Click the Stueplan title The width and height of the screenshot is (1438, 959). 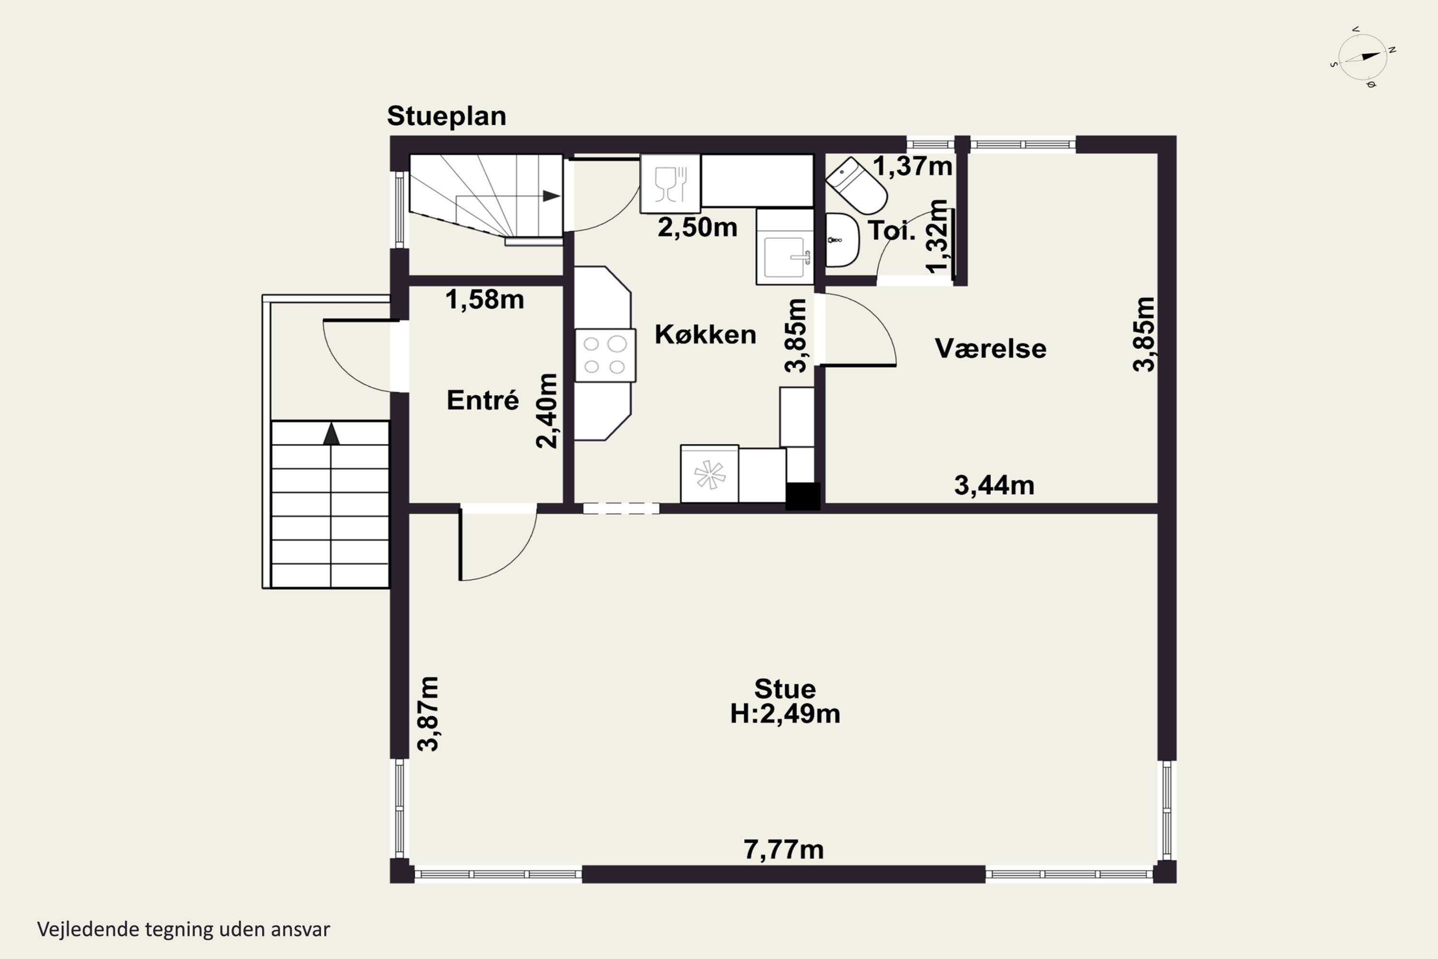point(446,116)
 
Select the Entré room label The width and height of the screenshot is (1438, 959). point(482,400)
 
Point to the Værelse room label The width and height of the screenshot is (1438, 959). point(990,349)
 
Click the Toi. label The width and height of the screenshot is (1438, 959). point(892,231)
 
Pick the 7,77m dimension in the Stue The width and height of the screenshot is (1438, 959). point(783,850)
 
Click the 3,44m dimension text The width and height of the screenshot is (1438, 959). point(994,485)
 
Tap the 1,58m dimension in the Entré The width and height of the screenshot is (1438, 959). point(484,299)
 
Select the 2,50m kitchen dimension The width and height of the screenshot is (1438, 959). point(697,227)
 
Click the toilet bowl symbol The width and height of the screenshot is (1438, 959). point(856,186)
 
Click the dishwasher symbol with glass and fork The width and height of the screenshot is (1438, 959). point(670,184)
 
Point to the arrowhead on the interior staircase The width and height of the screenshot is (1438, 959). point(552,196)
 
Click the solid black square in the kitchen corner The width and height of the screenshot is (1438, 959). point(802,496)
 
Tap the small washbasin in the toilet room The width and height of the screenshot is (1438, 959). point(842,240)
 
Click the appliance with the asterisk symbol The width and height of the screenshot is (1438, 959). point(709,473)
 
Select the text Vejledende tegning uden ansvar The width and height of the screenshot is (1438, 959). point(184,929)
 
